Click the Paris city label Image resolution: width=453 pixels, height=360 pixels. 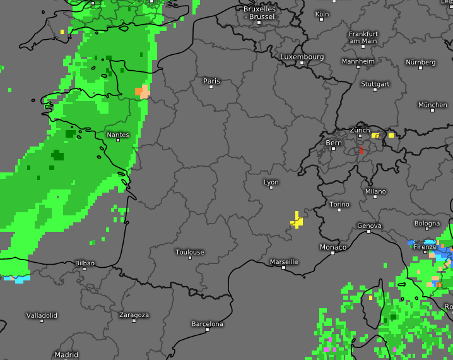point(211,81)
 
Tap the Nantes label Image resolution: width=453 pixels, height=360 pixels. point(118,135)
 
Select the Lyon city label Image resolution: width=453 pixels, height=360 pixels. point(271,183)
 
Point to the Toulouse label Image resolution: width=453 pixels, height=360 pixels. point(190,252)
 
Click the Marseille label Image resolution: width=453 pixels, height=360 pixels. point(284,261)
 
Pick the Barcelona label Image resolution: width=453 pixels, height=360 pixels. point(208,324)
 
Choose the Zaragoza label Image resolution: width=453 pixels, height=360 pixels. point(134,315)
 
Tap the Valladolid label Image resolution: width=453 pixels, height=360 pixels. point(42,315)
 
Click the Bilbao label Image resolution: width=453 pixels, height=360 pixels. point(85,263)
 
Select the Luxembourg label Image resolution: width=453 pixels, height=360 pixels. point(302,57)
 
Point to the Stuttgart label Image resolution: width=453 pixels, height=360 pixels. point(375,84)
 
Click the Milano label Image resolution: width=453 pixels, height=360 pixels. point(375,191)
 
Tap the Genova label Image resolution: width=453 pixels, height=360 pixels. point(369,225)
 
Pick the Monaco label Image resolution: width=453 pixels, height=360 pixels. point(333,247)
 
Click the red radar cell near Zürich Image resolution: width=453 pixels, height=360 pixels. point(361,151)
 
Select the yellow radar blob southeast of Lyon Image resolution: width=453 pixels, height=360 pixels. point(296,220)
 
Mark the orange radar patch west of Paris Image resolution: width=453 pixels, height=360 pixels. point(143,92)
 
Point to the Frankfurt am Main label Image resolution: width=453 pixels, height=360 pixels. point(363,37)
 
